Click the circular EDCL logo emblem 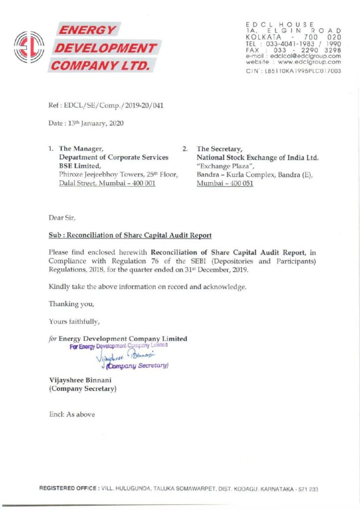point(29,47)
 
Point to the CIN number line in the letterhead point(293,71)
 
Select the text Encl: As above point(72,414)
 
